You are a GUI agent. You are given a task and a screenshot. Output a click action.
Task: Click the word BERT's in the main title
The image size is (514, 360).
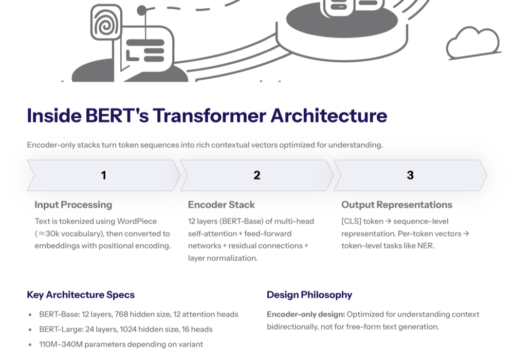[117, 115]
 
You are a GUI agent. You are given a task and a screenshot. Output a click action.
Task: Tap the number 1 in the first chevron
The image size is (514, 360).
[104, 175]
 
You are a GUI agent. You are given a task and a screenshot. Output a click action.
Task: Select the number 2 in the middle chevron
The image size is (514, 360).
[257, 175]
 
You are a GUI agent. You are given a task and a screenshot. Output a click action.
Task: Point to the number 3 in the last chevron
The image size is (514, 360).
[410, 175]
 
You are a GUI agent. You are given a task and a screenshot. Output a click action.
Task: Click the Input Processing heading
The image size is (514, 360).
[74, 205]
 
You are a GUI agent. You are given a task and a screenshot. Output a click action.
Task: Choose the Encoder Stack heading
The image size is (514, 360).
[221, 205]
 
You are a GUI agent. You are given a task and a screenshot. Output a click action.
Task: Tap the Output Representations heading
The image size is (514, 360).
[397, 205]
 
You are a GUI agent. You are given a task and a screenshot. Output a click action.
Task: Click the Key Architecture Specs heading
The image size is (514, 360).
[81, 295]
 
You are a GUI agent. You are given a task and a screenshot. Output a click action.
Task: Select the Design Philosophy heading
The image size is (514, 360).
[309, 295]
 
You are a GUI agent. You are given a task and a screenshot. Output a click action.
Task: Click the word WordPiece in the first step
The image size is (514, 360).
[137, 221]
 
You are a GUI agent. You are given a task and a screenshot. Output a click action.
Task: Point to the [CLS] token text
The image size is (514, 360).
[362, 221]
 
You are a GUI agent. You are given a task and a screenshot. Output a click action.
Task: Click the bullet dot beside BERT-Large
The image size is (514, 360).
[30, 330]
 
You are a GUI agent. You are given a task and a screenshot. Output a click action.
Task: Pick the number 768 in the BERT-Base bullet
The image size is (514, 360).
[121, 314]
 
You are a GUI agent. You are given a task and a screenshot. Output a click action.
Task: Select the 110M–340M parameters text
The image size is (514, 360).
[121, 345]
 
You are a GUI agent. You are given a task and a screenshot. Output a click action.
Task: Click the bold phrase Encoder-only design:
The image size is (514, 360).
[306, 314]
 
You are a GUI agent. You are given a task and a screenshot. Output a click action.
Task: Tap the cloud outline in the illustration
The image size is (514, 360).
[473, 43]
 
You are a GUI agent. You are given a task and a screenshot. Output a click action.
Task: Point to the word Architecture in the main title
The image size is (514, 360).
[329, 115]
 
